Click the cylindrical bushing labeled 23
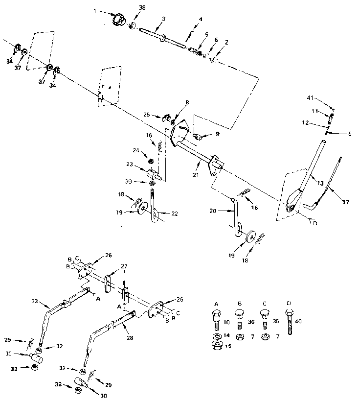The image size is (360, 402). coord(152,173)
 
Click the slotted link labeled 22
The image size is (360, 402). coord(154,208)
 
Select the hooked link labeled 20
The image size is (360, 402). coord(235,215)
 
